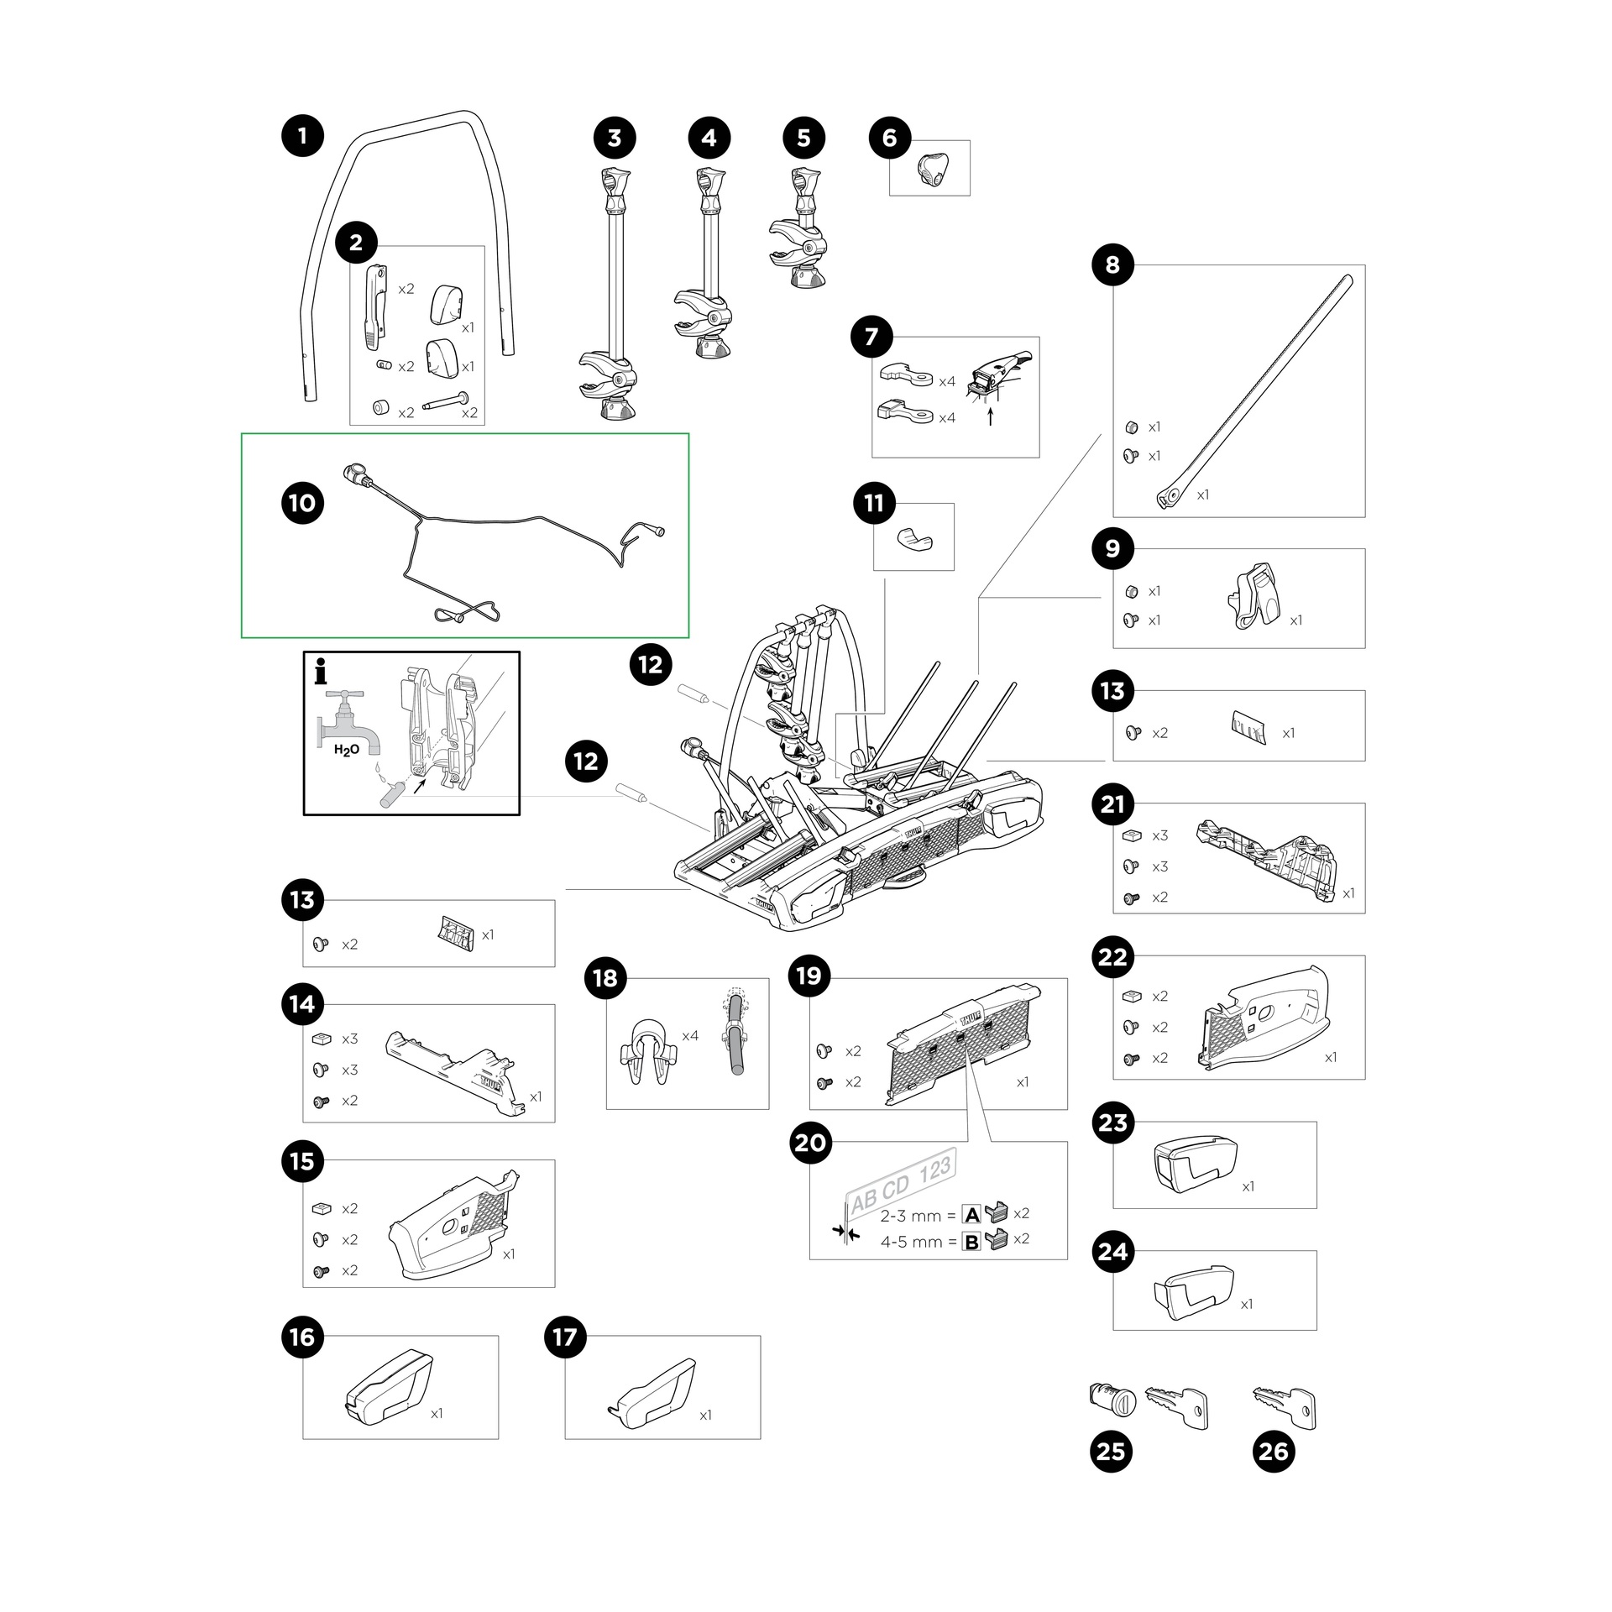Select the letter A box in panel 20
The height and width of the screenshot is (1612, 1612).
point(971,1215)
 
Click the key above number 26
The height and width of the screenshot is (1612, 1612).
point(1285,1406)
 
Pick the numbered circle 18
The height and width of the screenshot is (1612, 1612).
point(604,978)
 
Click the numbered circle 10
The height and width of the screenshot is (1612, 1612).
point(302,503)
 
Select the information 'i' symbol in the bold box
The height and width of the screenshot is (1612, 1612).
point(320,672)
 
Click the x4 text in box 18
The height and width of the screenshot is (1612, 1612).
point(689,1036)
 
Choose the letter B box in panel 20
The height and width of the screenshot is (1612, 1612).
point(971,1242)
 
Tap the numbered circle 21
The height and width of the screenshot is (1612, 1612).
point(1112,804)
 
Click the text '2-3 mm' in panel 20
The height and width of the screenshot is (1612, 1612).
point(910,1216)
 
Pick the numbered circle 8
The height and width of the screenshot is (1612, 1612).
point(1112,265)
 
